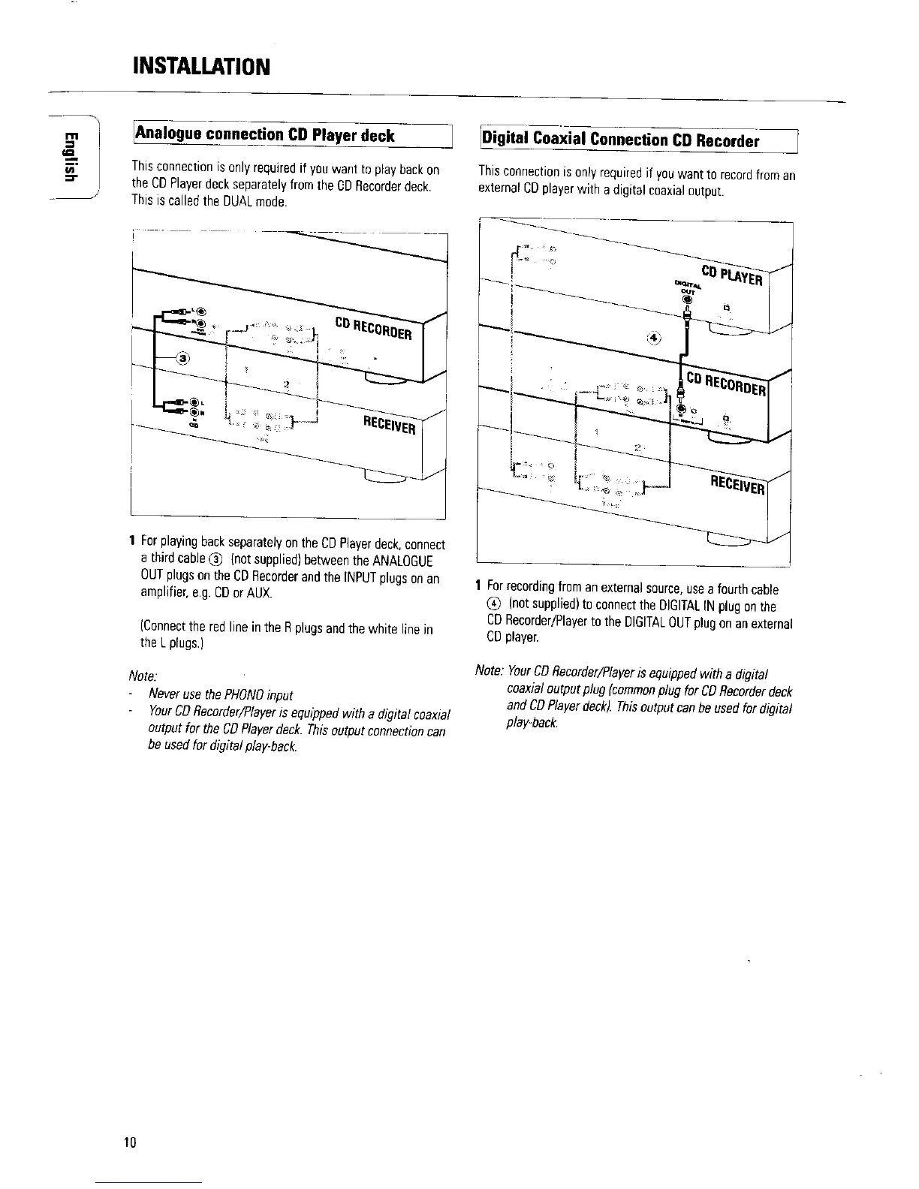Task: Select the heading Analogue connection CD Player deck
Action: tap(264, 135)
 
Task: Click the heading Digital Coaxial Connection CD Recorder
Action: tap(620, 140)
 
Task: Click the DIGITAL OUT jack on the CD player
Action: tap(685, 300)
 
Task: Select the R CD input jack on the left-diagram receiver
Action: tap(194, 411)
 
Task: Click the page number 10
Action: tap(131, 1142)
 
